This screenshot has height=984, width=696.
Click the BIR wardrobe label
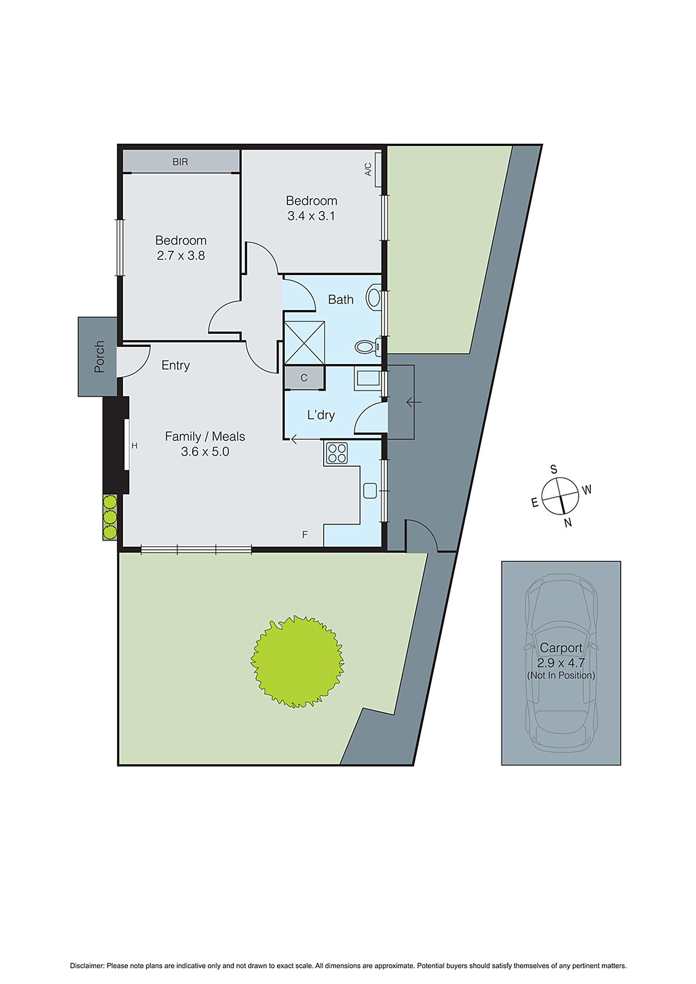point(180,162)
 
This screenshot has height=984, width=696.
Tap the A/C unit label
point(369,169)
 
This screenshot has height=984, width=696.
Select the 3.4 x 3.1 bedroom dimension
point(311,216)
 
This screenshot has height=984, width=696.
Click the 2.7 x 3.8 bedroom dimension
point(181,256)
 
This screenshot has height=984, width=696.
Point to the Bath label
point(341,300)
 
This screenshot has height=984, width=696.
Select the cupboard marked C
point(304,378)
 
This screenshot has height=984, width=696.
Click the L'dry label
point(321,415)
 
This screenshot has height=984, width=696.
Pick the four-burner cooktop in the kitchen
point(337,453)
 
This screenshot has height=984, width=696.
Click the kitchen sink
point(370,490)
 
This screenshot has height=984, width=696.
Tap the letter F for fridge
point(305,535)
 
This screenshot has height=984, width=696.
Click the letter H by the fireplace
point(134,446)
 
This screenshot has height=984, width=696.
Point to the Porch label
point(99,357)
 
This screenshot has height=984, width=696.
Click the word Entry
point(175,365)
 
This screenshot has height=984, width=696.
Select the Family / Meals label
point(205,437)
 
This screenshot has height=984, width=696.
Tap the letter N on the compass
point(568,523)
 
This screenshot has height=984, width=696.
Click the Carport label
point(561,648)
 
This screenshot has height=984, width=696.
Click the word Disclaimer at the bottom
point(86,966)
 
